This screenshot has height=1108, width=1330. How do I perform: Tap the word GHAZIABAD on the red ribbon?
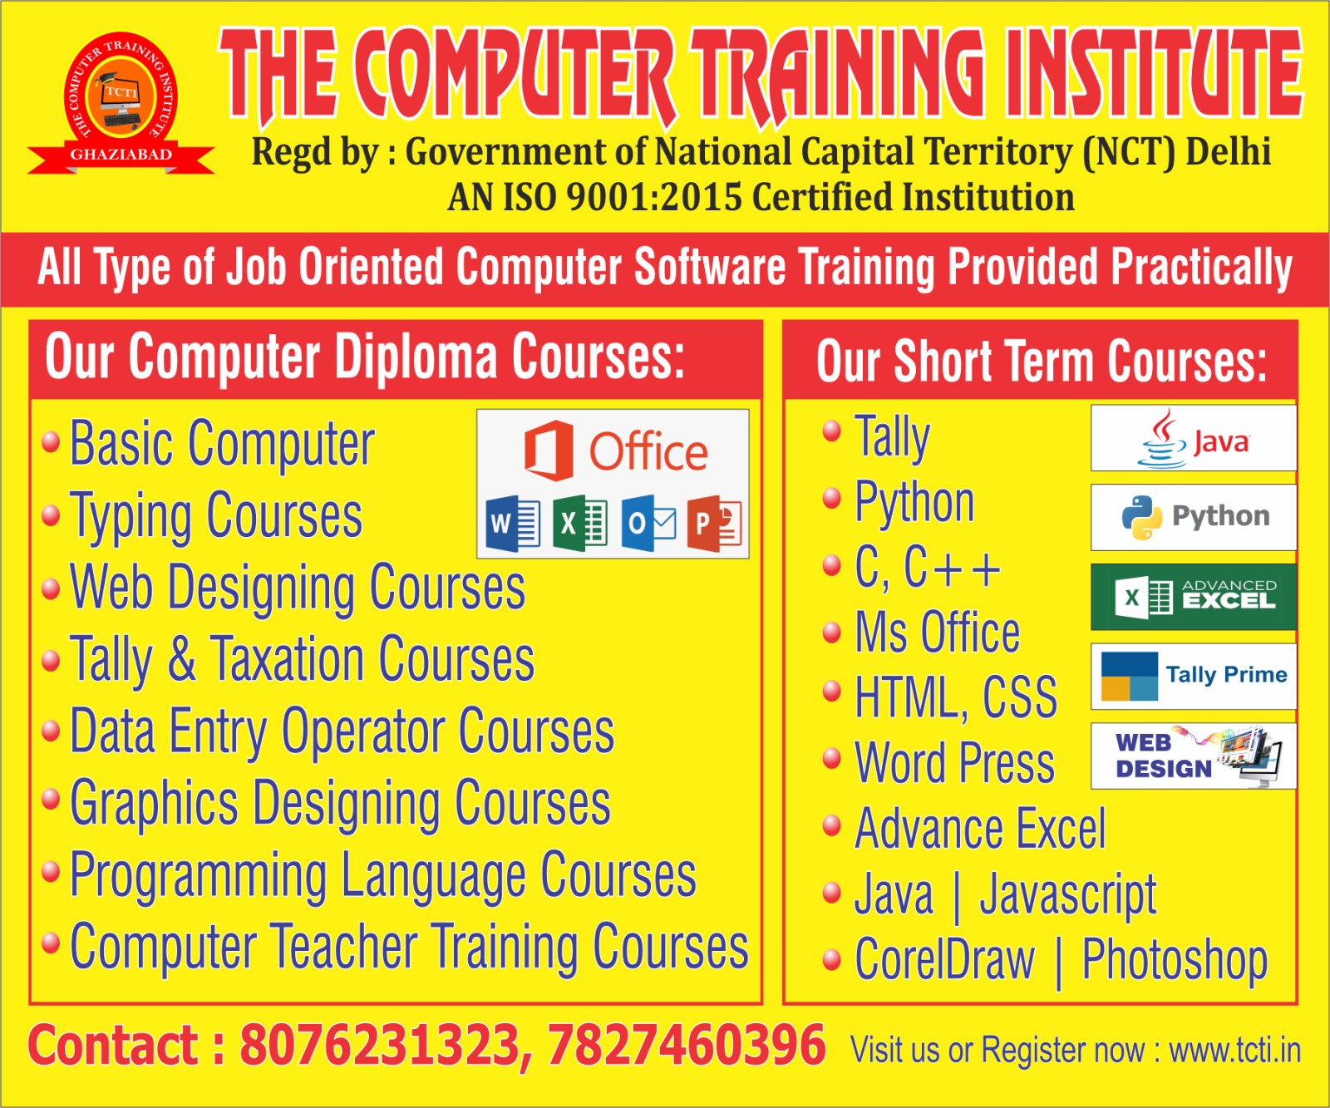coord(121,155)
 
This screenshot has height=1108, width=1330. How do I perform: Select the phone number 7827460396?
coord(686,1045)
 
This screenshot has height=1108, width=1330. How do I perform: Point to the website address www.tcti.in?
coord(1234,1050)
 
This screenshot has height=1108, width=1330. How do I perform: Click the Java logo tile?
coord(1194,438)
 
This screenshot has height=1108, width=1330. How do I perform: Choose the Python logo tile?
coord(1194,517)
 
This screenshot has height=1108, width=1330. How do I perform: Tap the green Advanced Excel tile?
coord(1194,597)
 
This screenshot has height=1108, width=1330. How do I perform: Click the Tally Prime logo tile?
coord(1194,676)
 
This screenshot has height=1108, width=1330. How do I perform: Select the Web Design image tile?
coord(1194,756)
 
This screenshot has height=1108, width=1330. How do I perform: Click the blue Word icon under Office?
coord(513,524)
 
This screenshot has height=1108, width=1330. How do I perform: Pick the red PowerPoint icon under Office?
coord(714,524)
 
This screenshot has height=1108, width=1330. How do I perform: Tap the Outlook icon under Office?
coord(648,524)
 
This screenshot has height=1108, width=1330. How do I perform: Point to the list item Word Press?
coord(955,762)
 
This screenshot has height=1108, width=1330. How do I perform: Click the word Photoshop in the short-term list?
coord(1175,961)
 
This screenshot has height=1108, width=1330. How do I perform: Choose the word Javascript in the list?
coord(1068,896)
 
